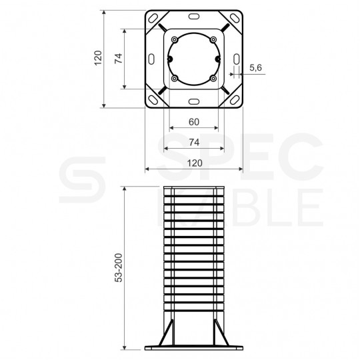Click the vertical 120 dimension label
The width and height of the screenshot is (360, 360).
click(x=98, y=58)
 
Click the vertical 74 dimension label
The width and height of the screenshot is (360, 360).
click(x=119, y=58)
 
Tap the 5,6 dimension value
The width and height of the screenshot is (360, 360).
click(x=255, y=68)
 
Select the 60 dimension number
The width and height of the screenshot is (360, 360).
click(x=194, y=122)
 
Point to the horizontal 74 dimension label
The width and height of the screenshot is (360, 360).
click(x=194, y=143)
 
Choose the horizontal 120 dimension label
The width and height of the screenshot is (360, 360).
click(x=195, y=163)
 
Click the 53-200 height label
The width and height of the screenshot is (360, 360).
click(x=119, y=268)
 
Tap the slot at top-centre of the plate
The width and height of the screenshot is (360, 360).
click(x=194, y=17)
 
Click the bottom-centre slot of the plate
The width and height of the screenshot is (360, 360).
click(x=194, y=101)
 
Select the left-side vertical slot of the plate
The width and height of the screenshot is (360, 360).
click(x=151, y=59)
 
